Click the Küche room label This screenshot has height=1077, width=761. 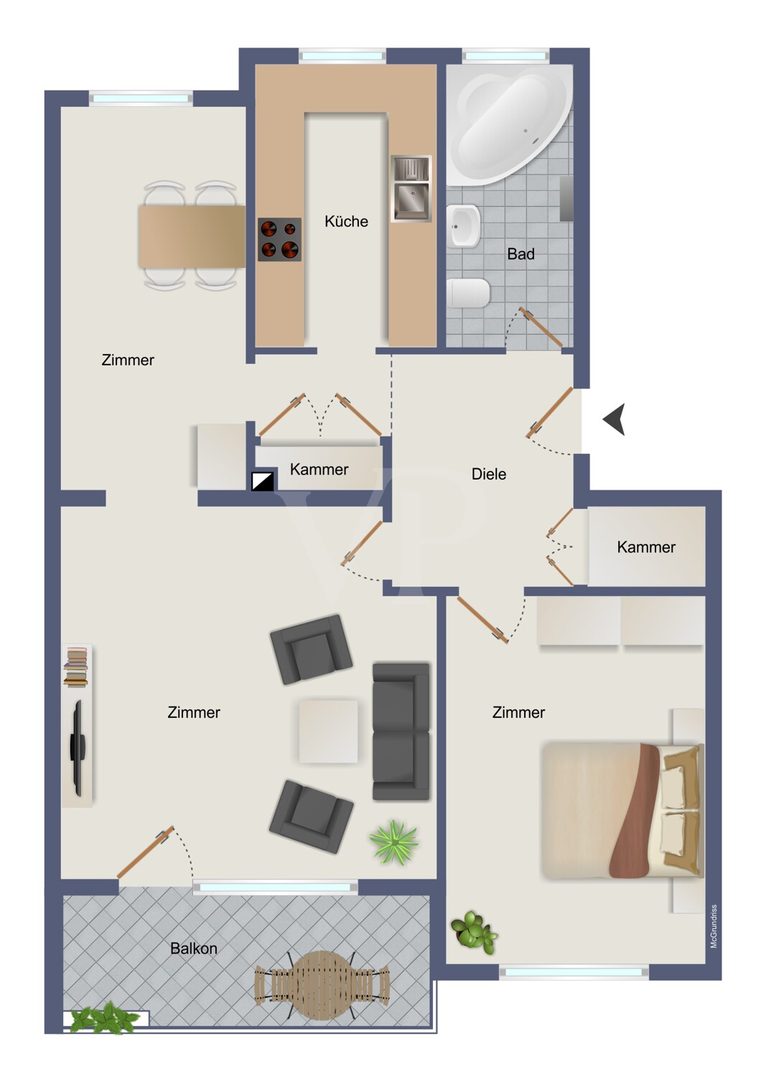(346, 221)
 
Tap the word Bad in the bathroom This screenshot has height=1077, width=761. (520, 254)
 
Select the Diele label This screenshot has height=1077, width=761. (488, 474)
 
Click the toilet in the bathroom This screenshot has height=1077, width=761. (468, 293)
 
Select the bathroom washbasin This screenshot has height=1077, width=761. (464, 225)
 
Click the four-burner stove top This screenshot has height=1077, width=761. (279, 239)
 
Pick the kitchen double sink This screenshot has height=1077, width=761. (411, 188)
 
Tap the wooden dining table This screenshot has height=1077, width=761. (192, 236)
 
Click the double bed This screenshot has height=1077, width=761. (623, 810)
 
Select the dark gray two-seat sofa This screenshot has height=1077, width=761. (401, 732)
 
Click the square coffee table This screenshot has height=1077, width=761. (328, 732)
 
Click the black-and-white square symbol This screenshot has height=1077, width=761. (263, 480)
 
